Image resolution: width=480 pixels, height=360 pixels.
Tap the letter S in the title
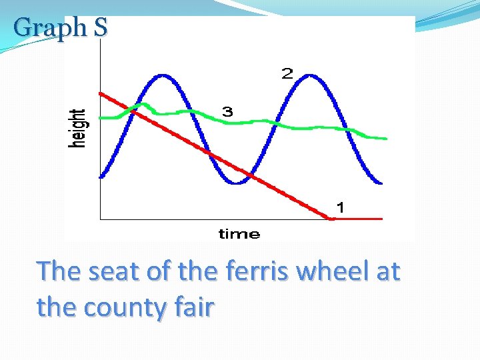pos(100,28)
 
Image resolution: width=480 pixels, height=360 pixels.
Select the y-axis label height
pos(79,129)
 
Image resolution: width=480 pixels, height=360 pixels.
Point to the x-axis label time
pos(239,234)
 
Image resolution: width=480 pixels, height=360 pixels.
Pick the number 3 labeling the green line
pos(227,112)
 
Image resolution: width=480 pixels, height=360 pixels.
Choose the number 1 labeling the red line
pos(340,208)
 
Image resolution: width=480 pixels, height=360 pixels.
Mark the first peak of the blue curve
pos(161,76)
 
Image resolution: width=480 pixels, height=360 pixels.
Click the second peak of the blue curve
pos(308,76)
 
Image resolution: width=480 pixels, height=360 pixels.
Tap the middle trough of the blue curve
pos(235,181)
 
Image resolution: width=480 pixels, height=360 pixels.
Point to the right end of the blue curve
pos(381,182)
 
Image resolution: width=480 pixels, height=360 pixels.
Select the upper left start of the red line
pos(101,93)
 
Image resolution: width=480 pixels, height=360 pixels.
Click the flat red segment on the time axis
pos(357,218)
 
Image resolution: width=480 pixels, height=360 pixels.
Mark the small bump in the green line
pos(142,105)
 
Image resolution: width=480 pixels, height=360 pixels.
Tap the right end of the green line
pos(385,139)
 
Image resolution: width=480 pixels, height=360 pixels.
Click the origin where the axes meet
pos(100,218)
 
